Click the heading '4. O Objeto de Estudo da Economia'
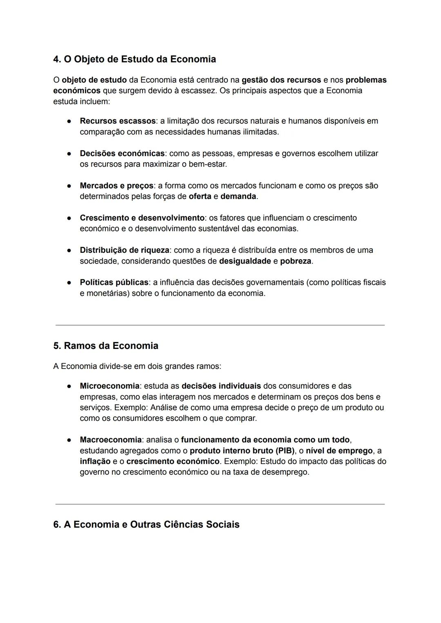point(134,59)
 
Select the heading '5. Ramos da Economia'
point(106,346)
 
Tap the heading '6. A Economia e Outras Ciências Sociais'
point(146,524)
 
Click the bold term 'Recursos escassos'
point(118,121)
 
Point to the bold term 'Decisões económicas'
point(122,153)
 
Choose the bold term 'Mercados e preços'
point(116,185)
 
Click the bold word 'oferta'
point(200,196)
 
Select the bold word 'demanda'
point(238,196)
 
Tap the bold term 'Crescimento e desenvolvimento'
point(142,218)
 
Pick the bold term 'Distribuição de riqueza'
point(124,250)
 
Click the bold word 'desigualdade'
point(245,261)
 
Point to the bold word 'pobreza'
point(295,261)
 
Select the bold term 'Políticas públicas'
point(114,282)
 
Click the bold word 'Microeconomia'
point(109,386)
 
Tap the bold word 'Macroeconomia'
point(111,440)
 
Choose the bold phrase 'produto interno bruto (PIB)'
point(242,451)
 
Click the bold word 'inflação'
point(95,461)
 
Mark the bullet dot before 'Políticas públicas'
point(70,282)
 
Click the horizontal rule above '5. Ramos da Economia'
point(220,325)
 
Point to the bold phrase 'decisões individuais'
point(221,386)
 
